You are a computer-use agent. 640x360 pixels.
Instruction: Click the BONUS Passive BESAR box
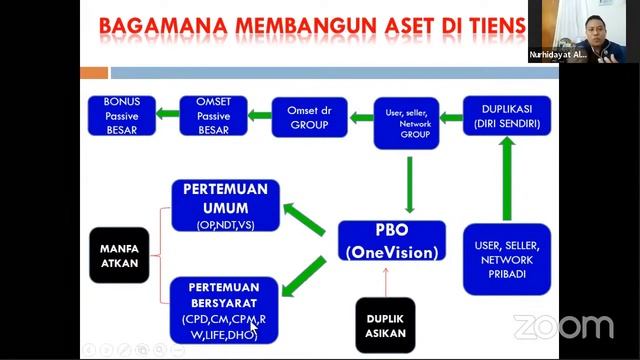[x=122, y=115]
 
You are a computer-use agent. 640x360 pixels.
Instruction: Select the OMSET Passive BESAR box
[x=213, y=115]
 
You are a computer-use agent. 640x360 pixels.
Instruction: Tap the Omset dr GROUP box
[x=309, y=115]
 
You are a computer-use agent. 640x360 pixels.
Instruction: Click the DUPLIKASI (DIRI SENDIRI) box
[x=506, y=115]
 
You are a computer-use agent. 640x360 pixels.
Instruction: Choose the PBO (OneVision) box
[x=391, y=243]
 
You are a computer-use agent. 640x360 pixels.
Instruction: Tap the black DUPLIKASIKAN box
[x=385, y=325]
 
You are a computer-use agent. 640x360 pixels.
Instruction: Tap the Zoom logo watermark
[x=562, y=327]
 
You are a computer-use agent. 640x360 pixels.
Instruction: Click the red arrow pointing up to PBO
[x=385, y=281]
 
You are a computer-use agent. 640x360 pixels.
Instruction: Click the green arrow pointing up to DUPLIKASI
[x=507, y=176]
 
